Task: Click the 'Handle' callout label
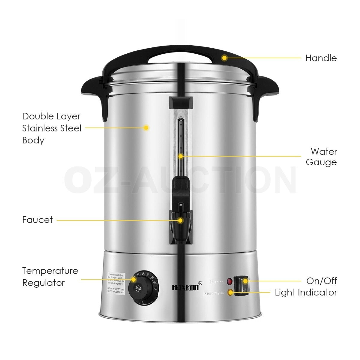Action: click(321, 58)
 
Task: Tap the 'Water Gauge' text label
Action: click(321, 157)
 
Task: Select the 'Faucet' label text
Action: click(37, 220)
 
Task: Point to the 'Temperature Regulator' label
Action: click(50, 277)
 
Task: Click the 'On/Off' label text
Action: click(322, 281)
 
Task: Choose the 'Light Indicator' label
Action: click(306, 292)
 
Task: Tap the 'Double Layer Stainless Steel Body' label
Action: click(52, 128)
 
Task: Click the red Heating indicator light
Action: click(230, 282)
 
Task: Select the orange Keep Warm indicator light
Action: click(230, 292)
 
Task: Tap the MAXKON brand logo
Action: click(185, 287)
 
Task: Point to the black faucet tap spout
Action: click(180, 228)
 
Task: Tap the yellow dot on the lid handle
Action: click(224, 58)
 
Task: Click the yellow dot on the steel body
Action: click(146, 127)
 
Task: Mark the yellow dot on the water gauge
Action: click(181, 156)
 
